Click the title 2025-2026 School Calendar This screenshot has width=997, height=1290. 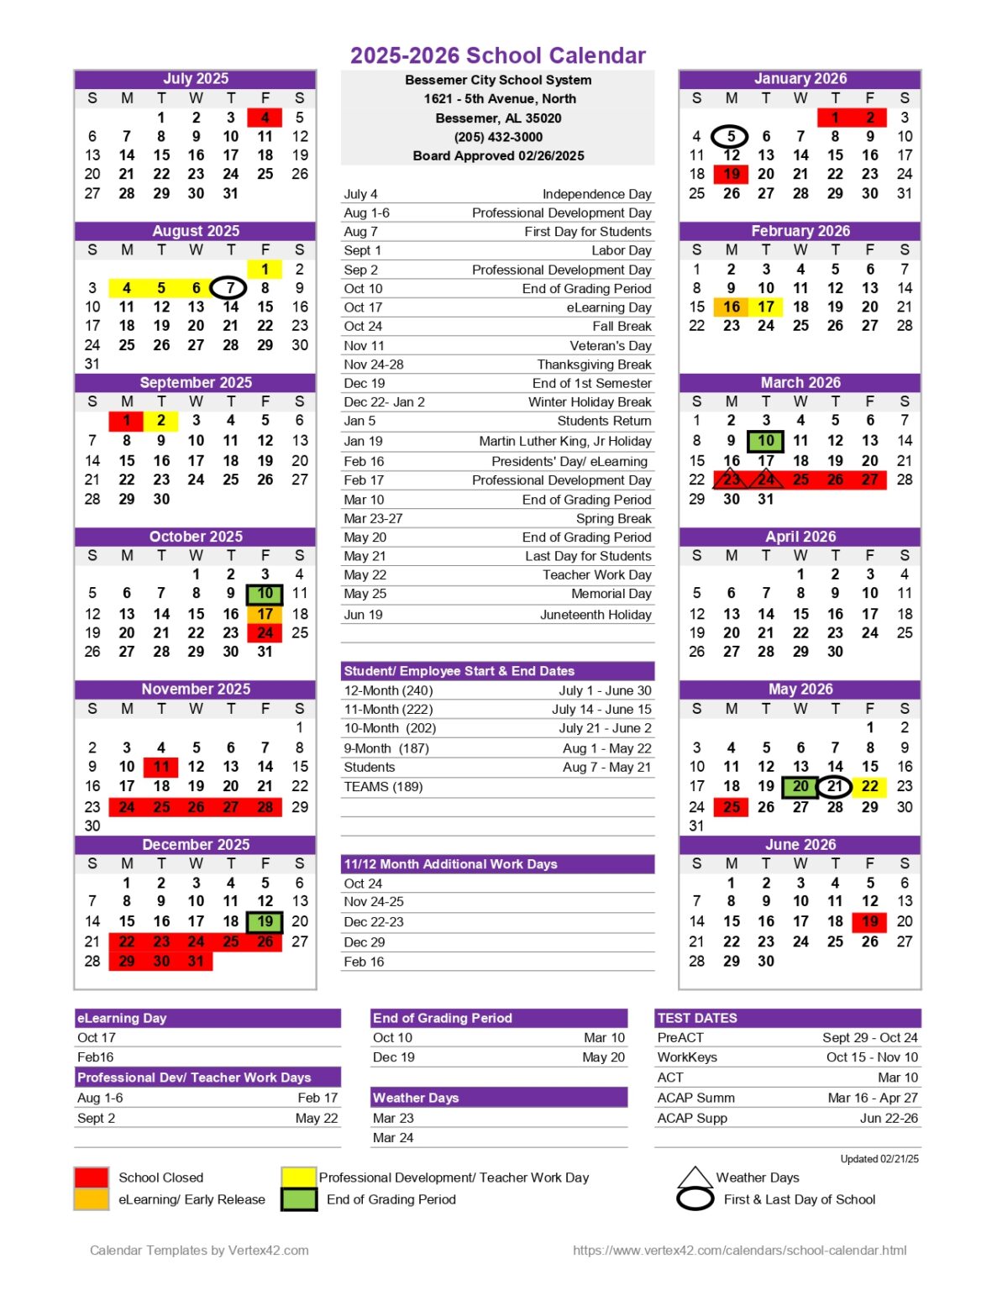coord(498,55)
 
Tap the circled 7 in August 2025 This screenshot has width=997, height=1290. coord(229,288)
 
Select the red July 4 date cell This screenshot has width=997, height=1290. coord(265,118)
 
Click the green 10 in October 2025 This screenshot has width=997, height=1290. coord(265,594)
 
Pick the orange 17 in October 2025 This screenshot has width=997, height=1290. coord(265,614)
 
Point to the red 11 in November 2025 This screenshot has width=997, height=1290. coord(161,767)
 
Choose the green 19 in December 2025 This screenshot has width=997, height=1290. coord(265,921)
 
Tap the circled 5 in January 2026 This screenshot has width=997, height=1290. coord(731,136)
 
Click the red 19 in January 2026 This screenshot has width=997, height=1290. coord(731,174)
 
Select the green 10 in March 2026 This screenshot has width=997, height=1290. coord(765,440)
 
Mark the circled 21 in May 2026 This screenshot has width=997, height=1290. coord(834,787)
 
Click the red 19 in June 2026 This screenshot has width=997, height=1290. coord(869,921)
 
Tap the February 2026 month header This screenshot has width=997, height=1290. coord(800,231)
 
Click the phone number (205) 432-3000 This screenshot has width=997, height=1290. coord(498,137)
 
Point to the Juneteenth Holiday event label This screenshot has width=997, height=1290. coord(596,615)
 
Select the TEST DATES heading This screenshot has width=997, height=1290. coord(697,1018)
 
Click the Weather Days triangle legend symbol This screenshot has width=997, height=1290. coord(695,1177)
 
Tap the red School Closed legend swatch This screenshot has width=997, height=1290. coord(92,1177)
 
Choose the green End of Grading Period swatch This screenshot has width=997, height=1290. coord(298,1199)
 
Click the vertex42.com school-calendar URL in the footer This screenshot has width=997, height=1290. coord(739,1251)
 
